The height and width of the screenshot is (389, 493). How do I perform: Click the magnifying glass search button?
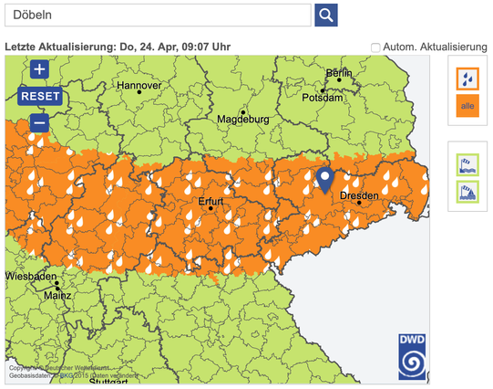pos(326,16)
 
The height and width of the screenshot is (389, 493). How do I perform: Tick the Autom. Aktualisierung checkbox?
pos(375,47)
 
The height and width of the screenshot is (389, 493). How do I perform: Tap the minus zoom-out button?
pos(39,122)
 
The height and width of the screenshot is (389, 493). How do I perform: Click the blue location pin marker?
pos(324,180)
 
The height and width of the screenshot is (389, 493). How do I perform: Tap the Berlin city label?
pos(338,72)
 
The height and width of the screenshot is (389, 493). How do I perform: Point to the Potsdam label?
pos(324,97)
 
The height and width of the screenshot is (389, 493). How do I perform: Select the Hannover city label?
pos(139,85)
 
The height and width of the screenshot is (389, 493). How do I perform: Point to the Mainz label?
pos(56,295)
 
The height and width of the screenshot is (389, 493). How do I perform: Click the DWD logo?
pos(412,356)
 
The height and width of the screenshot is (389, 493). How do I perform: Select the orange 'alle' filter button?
pos(467,107)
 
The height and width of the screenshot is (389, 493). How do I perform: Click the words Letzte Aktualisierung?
pos(60,47)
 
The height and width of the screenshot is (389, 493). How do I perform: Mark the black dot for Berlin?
pos(339,80)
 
